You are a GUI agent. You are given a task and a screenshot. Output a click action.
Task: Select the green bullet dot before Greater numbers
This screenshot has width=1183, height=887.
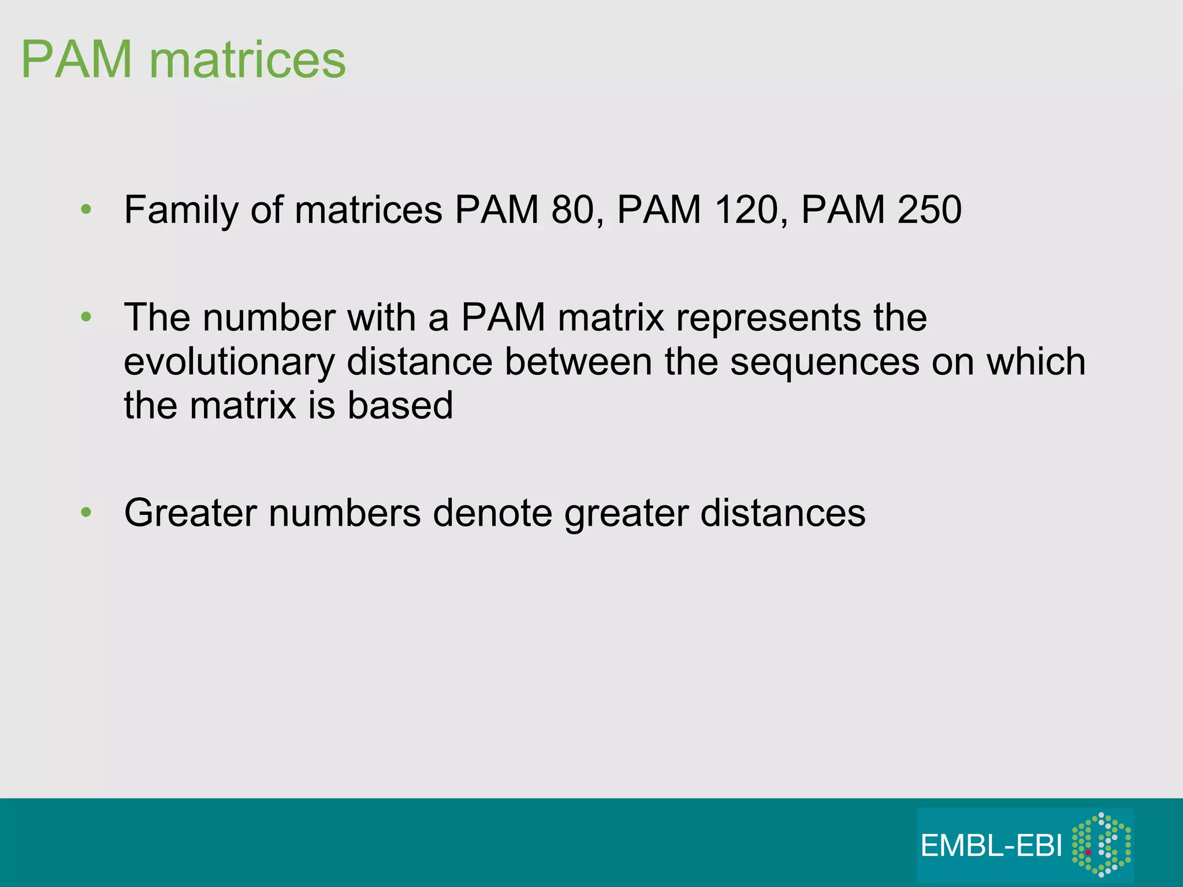coord(86,512)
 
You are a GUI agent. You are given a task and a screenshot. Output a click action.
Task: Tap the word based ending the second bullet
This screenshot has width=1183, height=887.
coord(400,405)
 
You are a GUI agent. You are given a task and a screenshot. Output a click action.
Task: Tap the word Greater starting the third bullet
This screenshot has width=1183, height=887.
coord(190,513)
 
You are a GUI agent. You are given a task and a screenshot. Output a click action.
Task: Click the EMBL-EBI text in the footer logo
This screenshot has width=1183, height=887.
coord(991,846)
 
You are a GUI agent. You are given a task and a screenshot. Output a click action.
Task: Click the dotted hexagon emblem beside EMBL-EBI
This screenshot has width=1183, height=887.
coord(1101,844)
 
